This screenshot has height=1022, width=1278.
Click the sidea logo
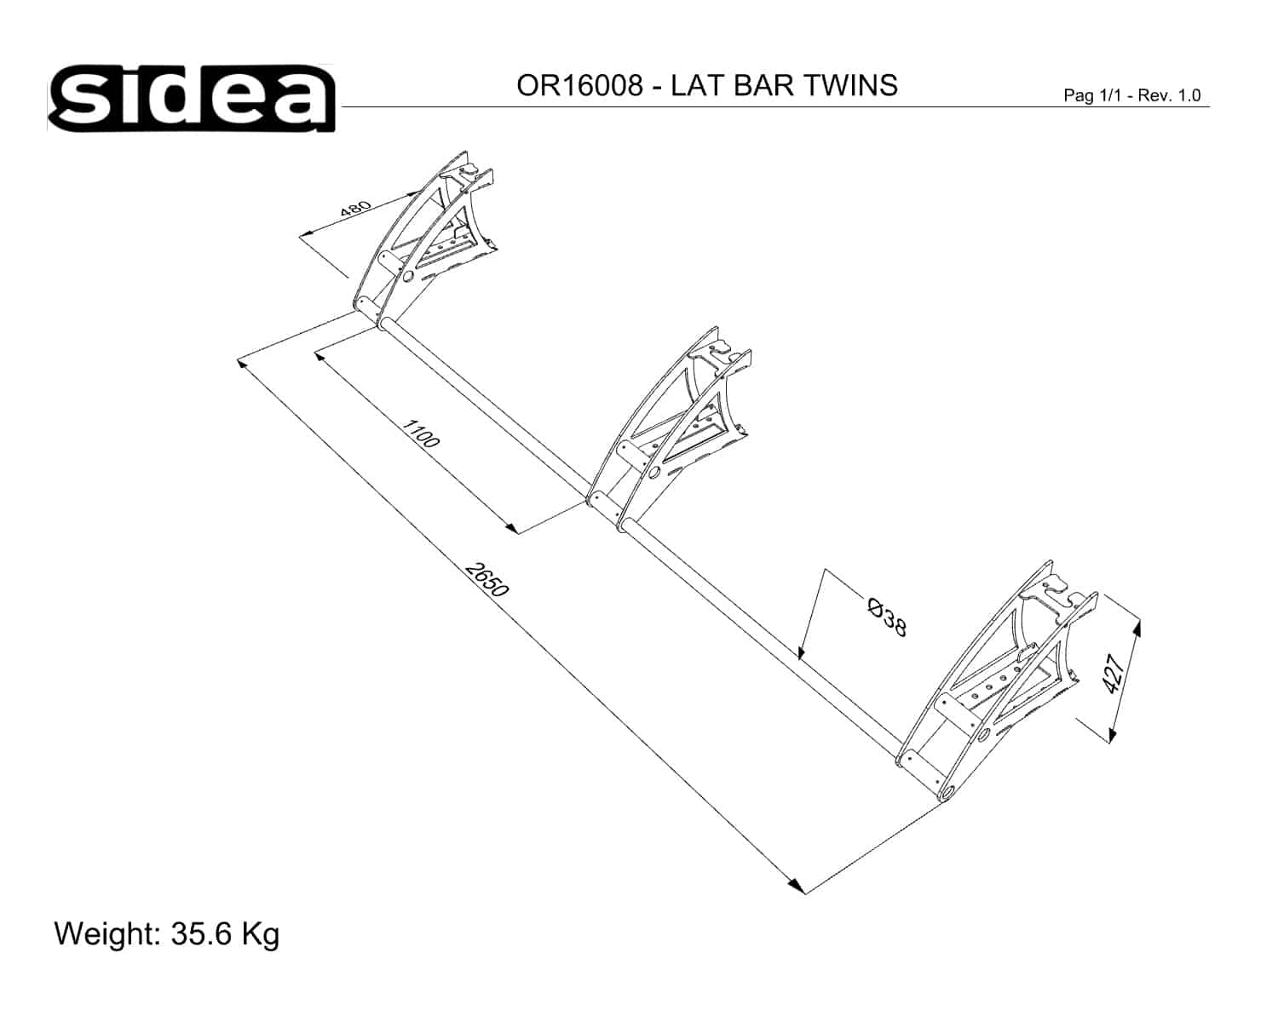pos(191,98)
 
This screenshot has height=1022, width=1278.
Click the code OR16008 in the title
pos(579,85)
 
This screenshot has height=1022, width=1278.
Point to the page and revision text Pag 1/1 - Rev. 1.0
pos(1132,95)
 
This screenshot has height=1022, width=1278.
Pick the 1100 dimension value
pos(421,433)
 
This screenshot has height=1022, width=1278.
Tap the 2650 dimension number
pos(487,579)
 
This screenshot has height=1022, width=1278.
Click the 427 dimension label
pos(1114,674)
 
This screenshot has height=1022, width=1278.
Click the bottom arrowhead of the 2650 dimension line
pos(797,886)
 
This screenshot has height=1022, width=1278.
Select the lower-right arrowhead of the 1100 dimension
pos(511,528)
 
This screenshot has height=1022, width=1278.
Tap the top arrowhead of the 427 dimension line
pos(1137,627)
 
